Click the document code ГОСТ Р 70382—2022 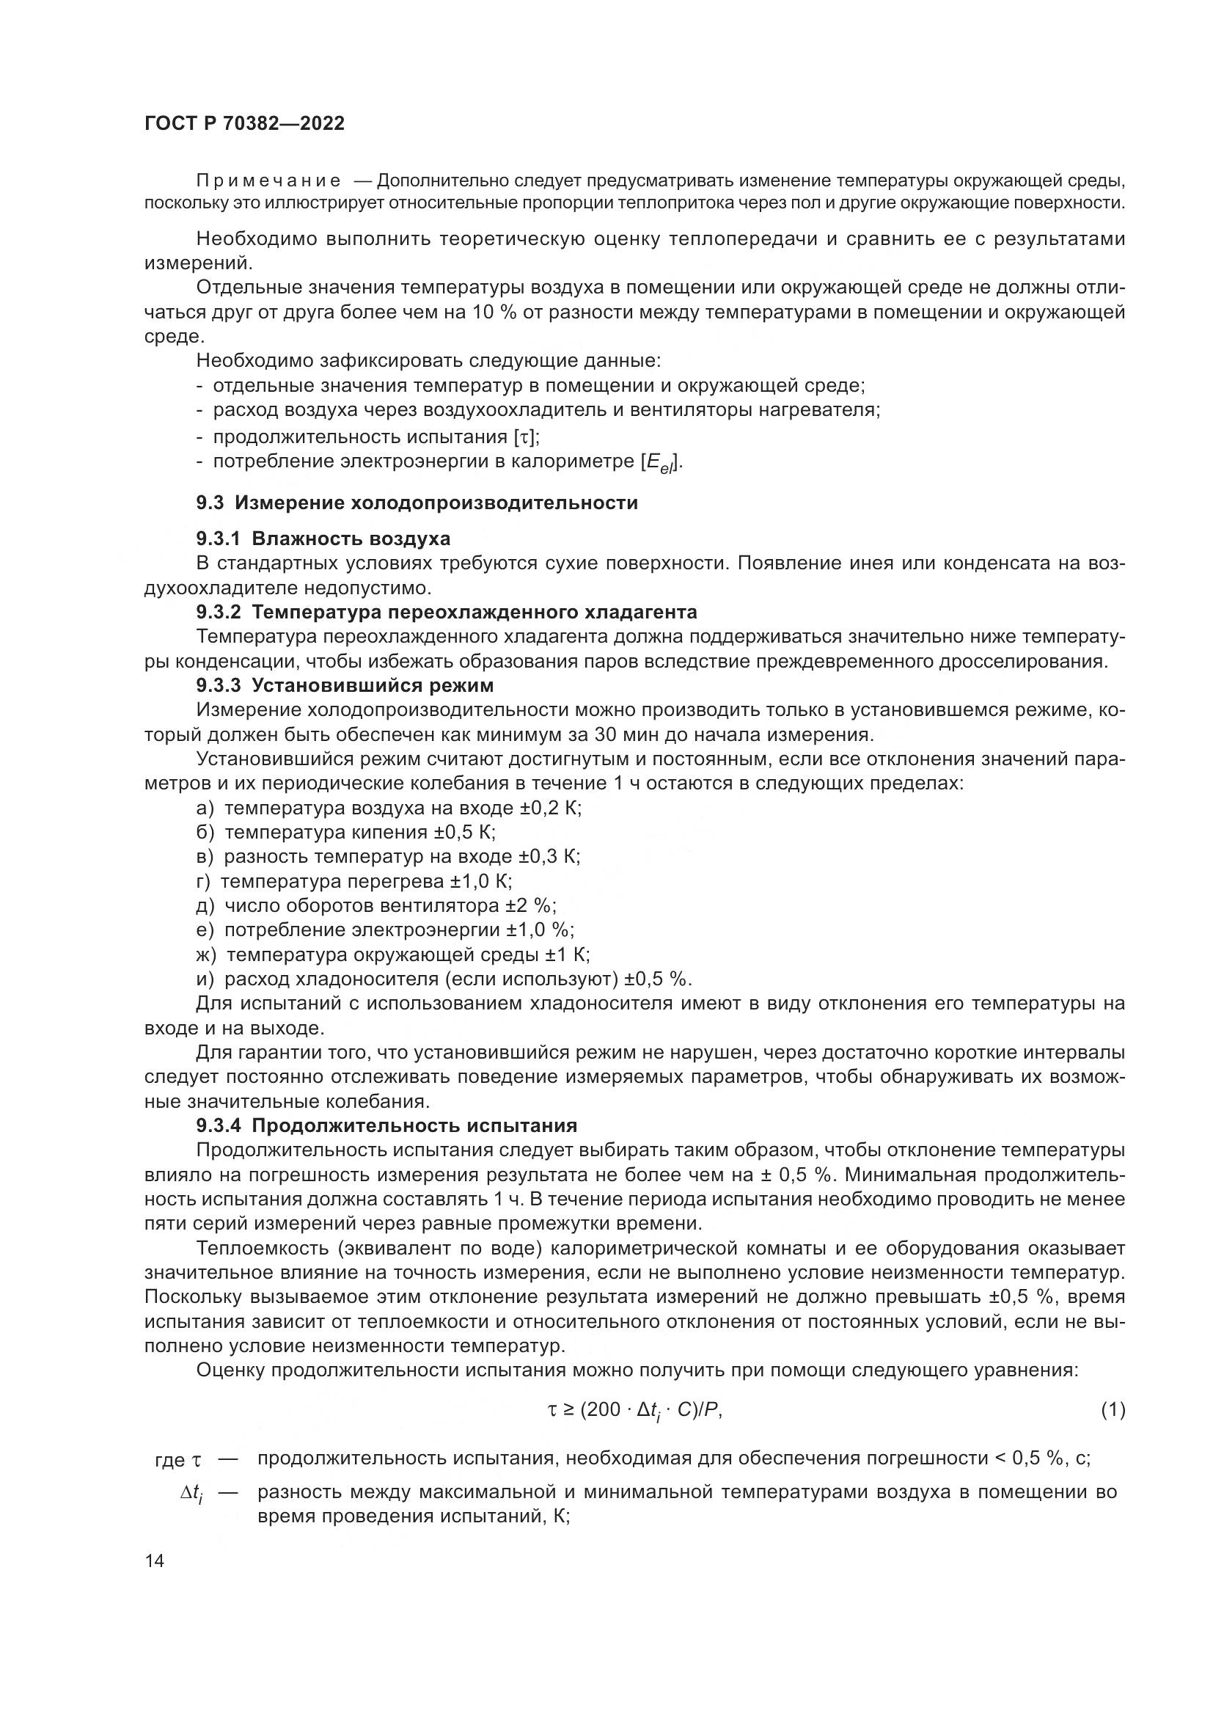coord(244,124)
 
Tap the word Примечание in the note coord(268,181)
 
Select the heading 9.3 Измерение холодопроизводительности coord(417,503)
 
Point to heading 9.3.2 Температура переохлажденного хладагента coord(446,612)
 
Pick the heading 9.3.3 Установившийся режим coord(345,684)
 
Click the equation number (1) coord(1113,1410)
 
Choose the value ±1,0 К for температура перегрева coord(481,881)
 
